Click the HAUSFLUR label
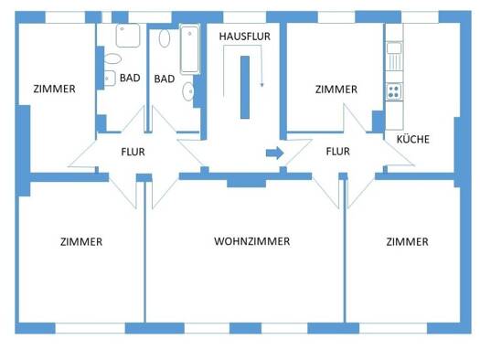click(245, 37)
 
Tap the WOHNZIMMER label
click(252, 241)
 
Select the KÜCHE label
click(413, 140)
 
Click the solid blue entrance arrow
click(274, 153)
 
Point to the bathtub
click(190, 49)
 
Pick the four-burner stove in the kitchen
click(394, 91)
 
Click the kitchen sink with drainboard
click(394, 57)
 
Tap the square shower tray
click(128, 35)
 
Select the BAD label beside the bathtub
click(165, 79)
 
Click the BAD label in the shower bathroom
click(130, 78)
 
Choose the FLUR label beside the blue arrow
click(338, 152)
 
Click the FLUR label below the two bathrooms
click(133, 152)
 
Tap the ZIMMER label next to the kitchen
click(336, 90)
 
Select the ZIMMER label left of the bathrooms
click(54, 89)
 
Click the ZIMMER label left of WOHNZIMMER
click(81, 241)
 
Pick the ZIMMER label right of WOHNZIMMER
click(407, 241)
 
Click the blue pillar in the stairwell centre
click(245, 87)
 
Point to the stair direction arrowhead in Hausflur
click(261, 85)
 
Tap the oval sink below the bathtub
click(188, 91)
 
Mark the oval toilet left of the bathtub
click(165, 38)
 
